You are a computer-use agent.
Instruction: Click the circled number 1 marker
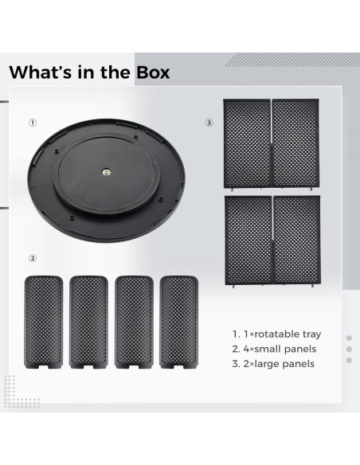click(33, 123)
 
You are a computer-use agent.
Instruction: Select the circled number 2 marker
click(33, 258)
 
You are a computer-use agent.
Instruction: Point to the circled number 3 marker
click(209, 123)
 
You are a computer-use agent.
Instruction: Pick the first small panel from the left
click(44, 321)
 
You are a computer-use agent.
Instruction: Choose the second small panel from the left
click(88, 321)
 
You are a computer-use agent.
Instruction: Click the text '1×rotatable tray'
click(277, 334)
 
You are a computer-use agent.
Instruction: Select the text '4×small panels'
click(275, 349)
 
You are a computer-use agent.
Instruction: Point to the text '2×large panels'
click(273, 364)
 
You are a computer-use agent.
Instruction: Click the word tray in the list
click(311, 334)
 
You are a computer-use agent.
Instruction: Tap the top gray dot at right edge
click(349, 338)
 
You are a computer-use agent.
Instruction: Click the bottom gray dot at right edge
click(349, 361)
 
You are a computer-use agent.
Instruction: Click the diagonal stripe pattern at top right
click(291, 61)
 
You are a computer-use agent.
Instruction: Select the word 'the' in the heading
click(110, 72)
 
